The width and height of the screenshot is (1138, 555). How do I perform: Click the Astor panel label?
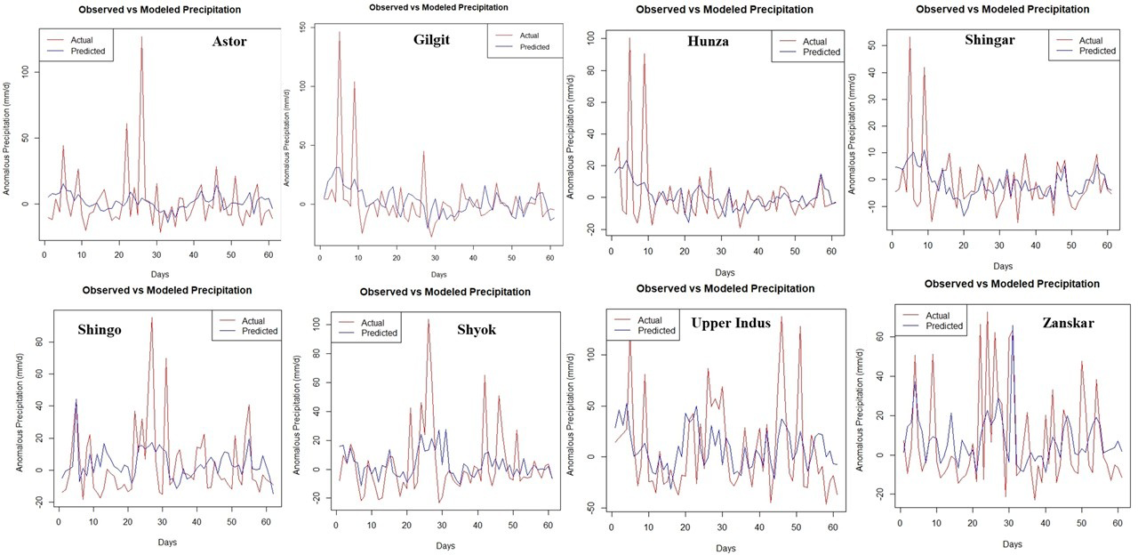click(228, 41)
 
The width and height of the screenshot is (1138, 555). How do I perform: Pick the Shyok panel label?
click(477, 330)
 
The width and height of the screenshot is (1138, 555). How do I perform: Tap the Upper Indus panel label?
click(731, 323)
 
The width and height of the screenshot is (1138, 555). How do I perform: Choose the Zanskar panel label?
click(1069, 323)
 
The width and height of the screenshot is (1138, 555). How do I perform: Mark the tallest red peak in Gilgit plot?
click(339, 32)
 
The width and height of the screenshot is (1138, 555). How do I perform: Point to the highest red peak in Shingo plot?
click(151, 318)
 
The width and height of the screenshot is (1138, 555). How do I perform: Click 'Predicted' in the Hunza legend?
click(821, 52)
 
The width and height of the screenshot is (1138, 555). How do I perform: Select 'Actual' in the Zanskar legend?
click(938, 315)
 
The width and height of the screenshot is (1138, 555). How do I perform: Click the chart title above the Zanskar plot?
click(1012, 284)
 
